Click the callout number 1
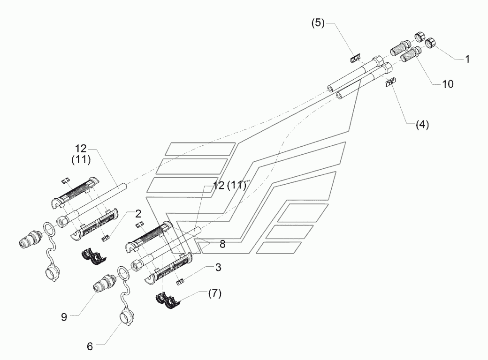point(467,59)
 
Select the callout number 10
point(448,84)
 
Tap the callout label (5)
point(318,23)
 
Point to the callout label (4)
point(422,125)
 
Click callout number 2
point(138,214)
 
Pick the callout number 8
point(222,244)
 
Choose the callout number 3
point(218,267)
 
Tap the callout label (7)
point(215,293)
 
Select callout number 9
point(64,317)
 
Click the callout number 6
point(90,346)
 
